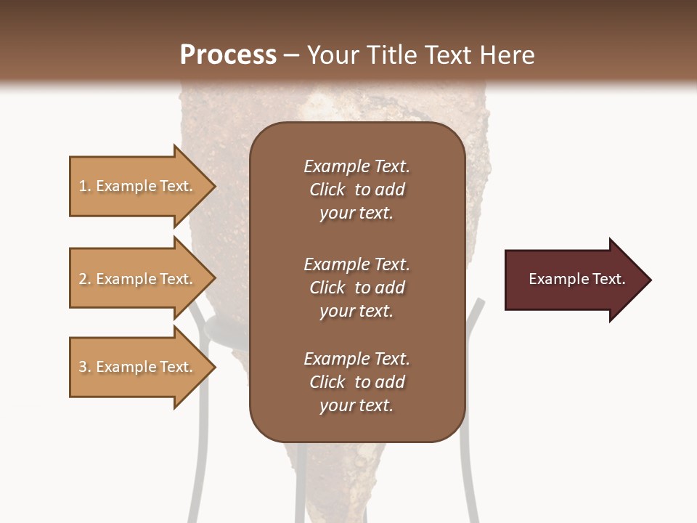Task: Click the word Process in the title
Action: click(x=228, y=55)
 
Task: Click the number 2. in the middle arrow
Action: click(x=85, y=279)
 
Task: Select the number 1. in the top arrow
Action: click(x=85, y=186)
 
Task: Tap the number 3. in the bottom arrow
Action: click(x=85, y=367)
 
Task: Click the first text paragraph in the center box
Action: click(x=356, y=190)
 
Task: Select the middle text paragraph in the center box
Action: click(x=356, y=288)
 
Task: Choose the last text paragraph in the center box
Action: click(x=356, y=382)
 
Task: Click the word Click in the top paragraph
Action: click(x=327, y=190)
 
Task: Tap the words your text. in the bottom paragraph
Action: click(x=356, y=405)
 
